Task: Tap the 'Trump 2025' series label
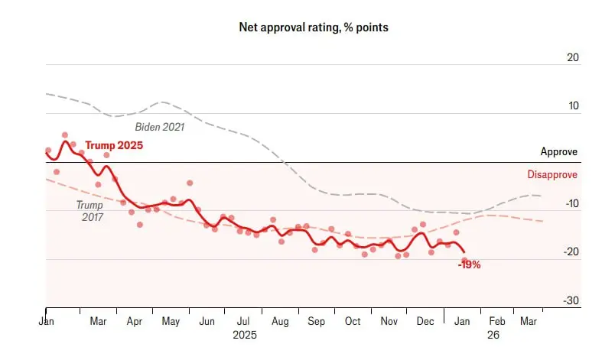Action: [x=114, y=145]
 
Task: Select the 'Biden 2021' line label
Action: [x=160, y=127]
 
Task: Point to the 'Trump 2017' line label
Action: [x=89, y=210]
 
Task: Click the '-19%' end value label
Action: [x=469, y=264]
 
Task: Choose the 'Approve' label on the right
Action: [x=558, y=152]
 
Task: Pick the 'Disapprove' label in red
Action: [x=552, y=174]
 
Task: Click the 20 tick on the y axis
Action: [x=573, y=57]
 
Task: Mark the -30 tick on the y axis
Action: [x=571, y=300]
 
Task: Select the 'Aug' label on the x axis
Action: [x=281, y=322]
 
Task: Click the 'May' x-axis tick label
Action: [x=170, y=322]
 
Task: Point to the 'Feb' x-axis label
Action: [x=497, y=322]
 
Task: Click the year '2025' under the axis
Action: [x=245, y=335]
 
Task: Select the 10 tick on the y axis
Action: [x=573, y=105]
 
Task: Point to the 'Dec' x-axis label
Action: [x=425, y=322]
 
